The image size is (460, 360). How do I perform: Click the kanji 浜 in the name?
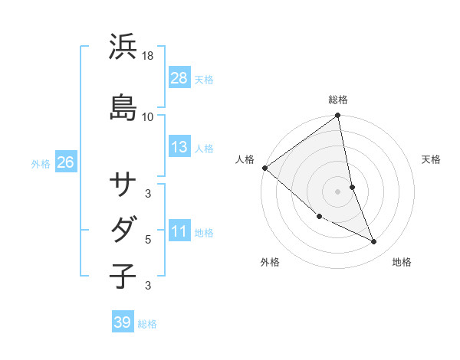pyautogui.click(x=123, y=47)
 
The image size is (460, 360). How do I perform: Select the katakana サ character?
pyautogui.click(x=123, y=184)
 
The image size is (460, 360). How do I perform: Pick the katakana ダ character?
pyautogui.click(x=123, y=229)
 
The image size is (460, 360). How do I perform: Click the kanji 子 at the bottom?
pyautogui.click(x=123, y=275)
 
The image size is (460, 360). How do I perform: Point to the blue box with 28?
pyautogui.click(x=179, y=77)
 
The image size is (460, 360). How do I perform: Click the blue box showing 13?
pyautogui.click(x=179, y=147)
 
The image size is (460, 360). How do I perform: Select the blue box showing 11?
pyautogui.click(x=179, y=231)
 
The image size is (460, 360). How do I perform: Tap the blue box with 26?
pyautogui.click(x=65, y=162)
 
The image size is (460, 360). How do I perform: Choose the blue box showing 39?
pyautogui.click(x=122, y=322)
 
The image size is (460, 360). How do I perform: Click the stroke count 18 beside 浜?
pyautogui.click(x=148, y=56)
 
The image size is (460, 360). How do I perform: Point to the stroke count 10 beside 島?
pyautogui.click(x=148, y=116)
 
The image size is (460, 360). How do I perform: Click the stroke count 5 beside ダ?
pyautogui.click(x=148, y=240)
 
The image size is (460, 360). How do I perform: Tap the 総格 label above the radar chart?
pyautogui.click(x=338, y=100)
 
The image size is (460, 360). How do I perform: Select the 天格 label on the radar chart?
pyautogui.click(x=432, y=159)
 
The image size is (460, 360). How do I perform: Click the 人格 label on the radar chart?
pyautogui.click(x=245, y=159)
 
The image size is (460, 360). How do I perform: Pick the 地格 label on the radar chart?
pyautogui.click(x=402, y=262)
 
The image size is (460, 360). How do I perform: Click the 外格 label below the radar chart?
pyautogui.click(x=270, y=262)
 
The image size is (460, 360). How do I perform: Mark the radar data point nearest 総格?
pyautogui.click(x=337, y=116)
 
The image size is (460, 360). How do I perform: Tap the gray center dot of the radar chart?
pyautogui.click(x=337, y=191)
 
